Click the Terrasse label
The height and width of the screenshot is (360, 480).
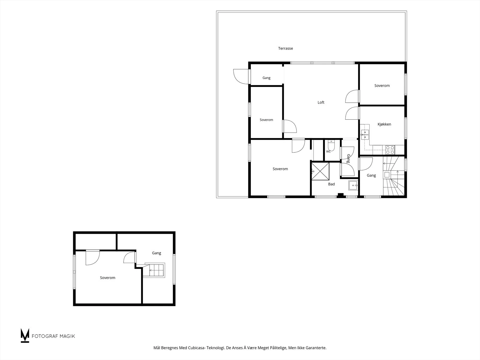tap(285, 48)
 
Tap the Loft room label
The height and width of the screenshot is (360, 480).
tap(321, 102)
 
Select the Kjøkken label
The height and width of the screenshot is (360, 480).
tap(384, 124)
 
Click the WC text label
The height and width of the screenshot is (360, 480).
tap(328, 151)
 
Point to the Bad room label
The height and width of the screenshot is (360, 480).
tap(331, 184)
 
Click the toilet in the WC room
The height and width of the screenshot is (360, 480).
tap(331, 145)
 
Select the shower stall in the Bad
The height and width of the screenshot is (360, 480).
tap(320, 171)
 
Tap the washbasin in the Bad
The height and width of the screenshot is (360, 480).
tap(353, 185)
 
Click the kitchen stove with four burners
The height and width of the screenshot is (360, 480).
tap(390, 150)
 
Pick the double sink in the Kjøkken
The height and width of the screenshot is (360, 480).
tap(365, 135)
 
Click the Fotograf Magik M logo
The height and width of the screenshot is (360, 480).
tap(25, 335)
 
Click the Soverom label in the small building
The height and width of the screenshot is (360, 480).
tap(108, 277)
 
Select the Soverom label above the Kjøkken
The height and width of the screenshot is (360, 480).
tap(382, 86)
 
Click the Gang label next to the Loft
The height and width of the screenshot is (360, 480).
tap(266, 78)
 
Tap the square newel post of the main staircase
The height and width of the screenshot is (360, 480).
tap(387, 175)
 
